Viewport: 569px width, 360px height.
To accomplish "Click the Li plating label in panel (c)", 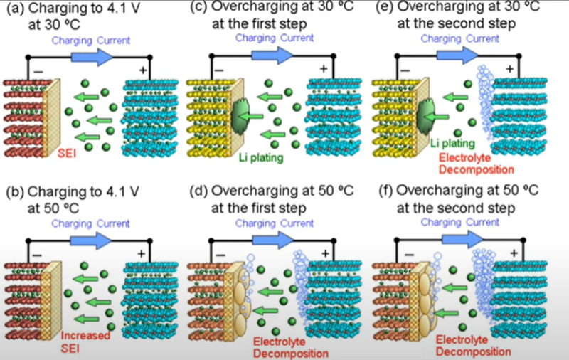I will click(x=262, y=154).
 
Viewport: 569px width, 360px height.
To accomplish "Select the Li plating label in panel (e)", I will click(x=452, y=144).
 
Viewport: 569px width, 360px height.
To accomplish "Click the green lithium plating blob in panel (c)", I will click(x=241, y=114).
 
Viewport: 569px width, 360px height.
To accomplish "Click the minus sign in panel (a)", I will click(x=38, y=73).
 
